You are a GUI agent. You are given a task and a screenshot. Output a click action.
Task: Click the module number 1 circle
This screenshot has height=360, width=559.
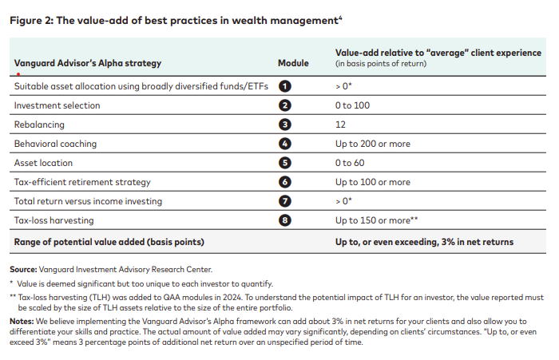pyautogui.click(x=285, y=85)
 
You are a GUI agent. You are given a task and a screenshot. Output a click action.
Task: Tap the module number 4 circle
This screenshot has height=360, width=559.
pyautogui.click(x=285, y=144)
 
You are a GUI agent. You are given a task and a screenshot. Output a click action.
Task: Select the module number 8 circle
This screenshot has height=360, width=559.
pyautogui.click(x=285, y=220)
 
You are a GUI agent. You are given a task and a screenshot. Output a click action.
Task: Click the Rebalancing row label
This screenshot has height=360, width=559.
pyautogui.click(x=39, y=125)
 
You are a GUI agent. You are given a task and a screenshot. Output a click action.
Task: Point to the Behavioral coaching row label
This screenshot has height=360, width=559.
pyautogui.click(x=55, y=144)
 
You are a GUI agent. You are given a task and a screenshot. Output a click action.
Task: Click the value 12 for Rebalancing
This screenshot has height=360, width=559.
pyautogui.click(x=341, y=125)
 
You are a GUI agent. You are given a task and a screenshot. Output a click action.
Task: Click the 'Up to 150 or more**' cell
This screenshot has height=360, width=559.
pyautogui.click(x=378, y=220)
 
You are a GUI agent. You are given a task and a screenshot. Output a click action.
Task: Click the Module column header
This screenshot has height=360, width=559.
pyautogui.click(x=292, y=62)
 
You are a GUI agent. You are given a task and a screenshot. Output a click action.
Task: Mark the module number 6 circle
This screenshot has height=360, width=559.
pyautogui.click(x=285, y=182)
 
